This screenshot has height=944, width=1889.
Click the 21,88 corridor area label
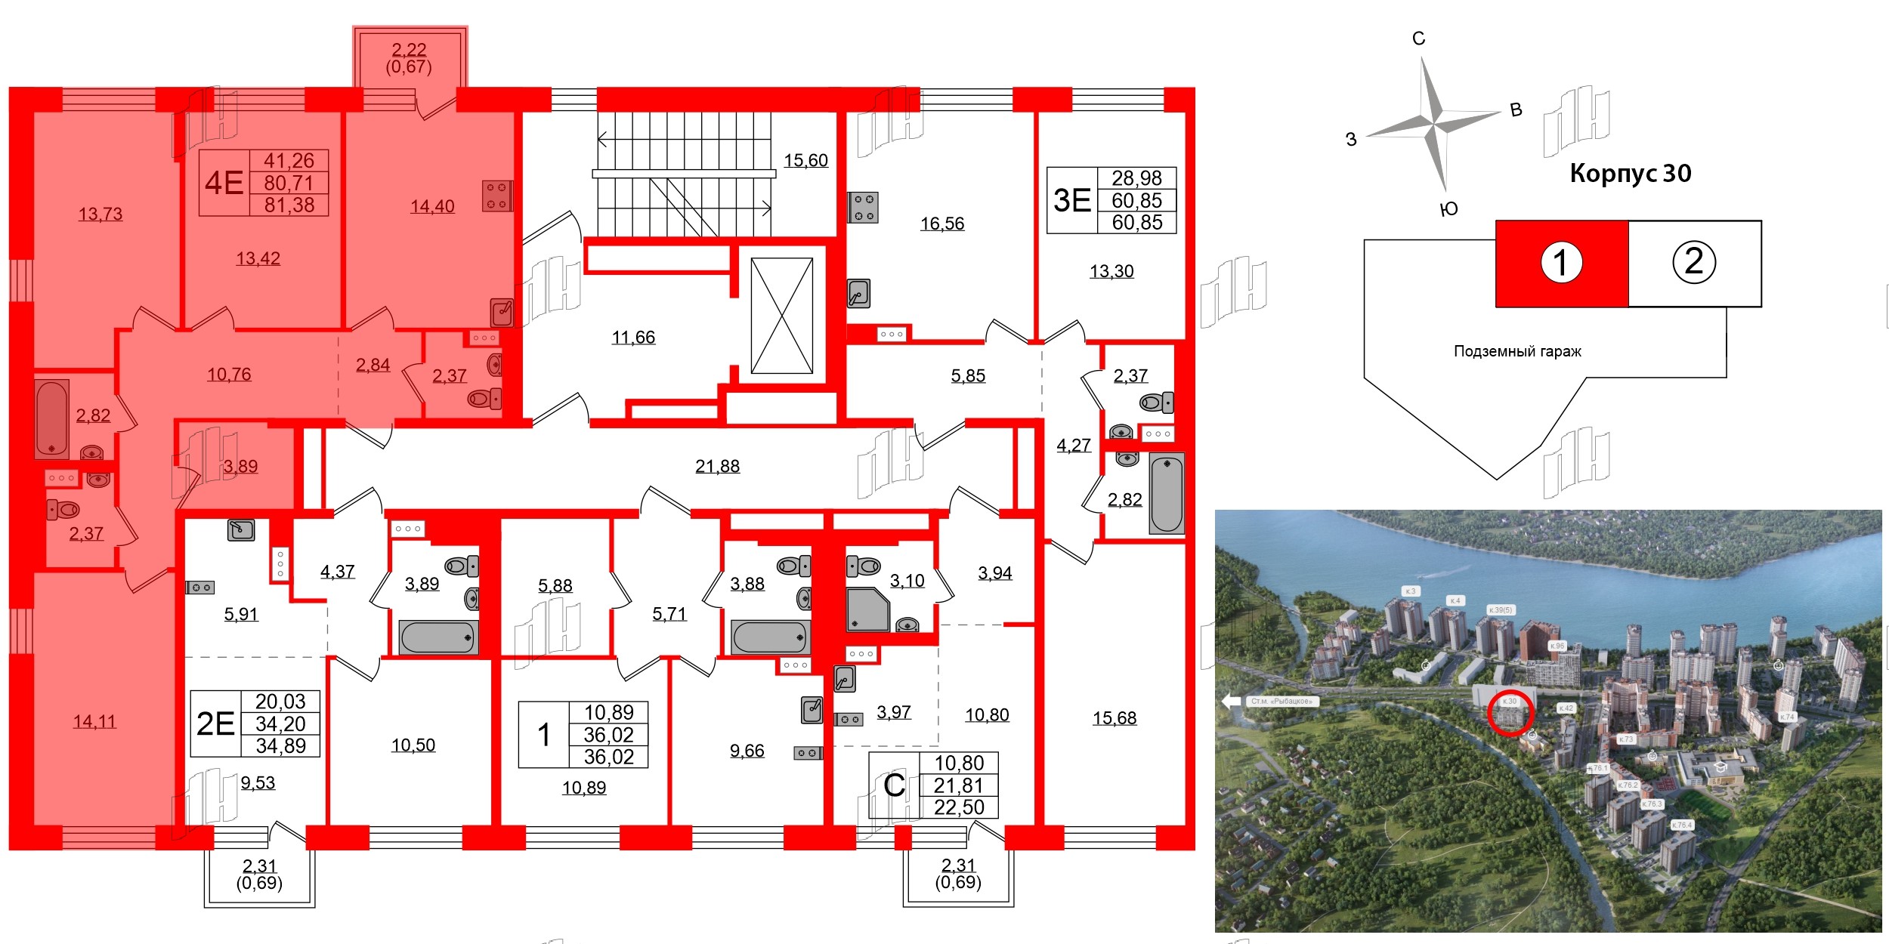tap(717, 467)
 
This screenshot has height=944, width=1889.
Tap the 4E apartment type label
tap(224, 184)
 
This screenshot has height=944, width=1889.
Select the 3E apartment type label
tap(1071, 201)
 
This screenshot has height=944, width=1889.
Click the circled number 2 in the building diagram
tap(1694, 262)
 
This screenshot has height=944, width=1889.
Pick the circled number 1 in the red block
tap(1561, 263)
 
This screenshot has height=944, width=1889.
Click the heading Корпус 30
tap(1630, 174)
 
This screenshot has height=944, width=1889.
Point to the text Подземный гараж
tap(1517, 351)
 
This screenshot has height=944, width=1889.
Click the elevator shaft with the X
tap(782, 316)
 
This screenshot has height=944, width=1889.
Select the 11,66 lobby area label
tap(633, 338)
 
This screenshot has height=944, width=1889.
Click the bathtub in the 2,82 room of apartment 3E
tap(1166, 493)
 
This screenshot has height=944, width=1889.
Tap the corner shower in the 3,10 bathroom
tap(867, 609)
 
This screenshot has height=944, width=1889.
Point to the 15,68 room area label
tap(1114, 718)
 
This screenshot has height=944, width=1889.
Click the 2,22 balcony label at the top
tap(409, 51)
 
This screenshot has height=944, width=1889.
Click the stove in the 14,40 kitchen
tap(497, 196)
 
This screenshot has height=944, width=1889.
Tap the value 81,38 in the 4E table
tap(289, 205)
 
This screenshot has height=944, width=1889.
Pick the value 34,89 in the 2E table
tap(280, 746)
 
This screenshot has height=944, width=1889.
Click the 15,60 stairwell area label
tap(805, 161)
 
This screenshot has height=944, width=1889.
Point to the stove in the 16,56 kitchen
tap(864, 208)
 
